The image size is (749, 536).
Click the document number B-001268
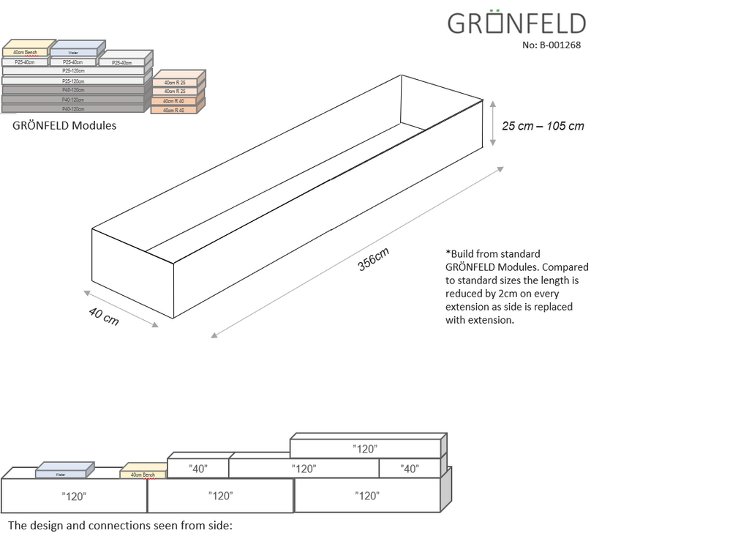point(552,45)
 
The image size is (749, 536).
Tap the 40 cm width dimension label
point(104,317)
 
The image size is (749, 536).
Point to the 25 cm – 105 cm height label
point(543,126)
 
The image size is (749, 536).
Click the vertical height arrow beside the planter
point(492,123)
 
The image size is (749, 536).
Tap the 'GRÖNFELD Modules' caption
point(64,125)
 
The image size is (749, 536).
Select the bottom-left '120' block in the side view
point(74,496)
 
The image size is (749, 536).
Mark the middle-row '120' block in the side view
point(304,469)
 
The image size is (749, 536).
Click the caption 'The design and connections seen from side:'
point(120,525)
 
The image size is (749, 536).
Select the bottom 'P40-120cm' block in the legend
point(72,108)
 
